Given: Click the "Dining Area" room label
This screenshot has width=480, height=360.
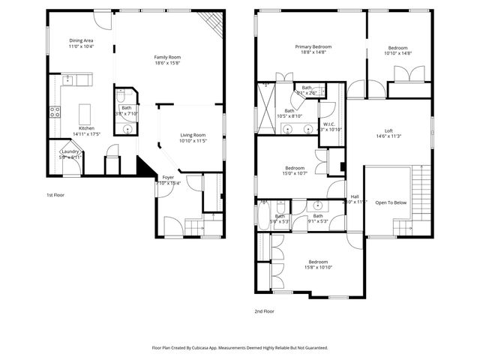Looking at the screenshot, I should point(81,40).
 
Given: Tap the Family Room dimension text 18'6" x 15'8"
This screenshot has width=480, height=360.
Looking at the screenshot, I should point(167,64).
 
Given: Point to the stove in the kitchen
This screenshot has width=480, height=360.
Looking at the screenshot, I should point(55,112).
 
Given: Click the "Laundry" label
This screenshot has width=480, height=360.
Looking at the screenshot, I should point(70,151).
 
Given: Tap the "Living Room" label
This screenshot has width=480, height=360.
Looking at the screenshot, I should point(193,135).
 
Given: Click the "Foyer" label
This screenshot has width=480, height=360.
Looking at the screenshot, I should point(168,177).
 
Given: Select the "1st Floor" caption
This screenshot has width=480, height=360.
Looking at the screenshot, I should point(55,195).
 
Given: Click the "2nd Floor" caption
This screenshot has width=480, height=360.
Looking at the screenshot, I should point(264,310).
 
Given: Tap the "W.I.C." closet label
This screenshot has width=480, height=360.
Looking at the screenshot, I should point(329,124).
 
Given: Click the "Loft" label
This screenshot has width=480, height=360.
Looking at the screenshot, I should point(388,130).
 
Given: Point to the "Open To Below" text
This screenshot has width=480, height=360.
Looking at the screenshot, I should point(391,202).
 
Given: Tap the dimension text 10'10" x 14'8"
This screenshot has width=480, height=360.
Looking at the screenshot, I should point(398,53).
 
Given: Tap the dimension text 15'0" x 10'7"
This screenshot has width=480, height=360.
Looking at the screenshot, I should point(295,174).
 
